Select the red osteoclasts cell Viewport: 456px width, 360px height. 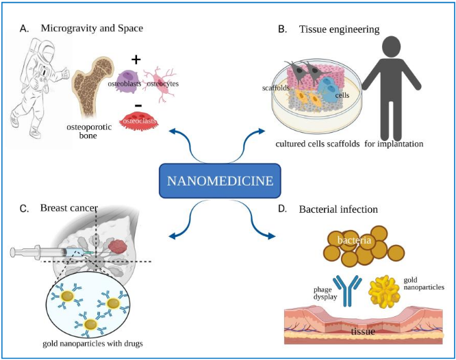(140, 121)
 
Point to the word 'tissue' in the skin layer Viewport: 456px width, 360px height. (362, 332)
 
